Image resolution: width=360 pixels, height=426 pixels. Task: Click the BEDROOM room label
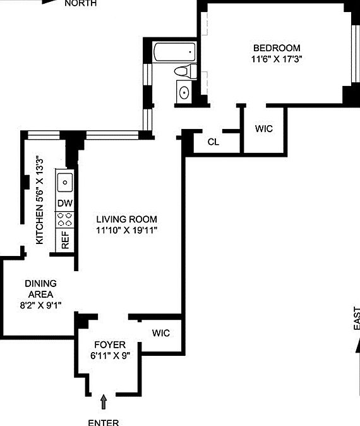(x=277, y=48)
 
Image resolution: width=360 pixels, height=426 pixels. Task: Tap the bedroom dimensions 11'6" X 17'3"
(x=277, y=60)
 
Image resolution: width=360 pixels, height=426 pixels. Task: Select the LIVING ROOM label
(x=126, y=219)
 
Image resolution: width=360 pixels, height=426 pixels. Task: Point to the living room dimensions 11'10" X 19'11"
(x=126, y=230)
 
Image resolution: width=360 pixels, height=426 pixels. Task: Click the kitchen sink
(x=64, y=183)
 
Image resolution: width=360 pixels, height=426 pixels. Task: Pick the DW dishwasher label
(x=64, y=203)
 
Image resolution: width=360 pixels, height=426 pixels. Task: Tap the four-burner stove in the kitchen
(x=64, y=219)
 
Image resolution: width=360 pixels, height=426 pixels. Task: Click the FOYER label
(x=109, y=344)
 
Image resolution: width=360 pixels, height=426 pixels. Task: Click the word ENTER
(x=104, y=421)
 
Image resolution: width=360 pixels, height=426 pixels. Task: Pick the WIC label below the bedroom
(x=263, y=128)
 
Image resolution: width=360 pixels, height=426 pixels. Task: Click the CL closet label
(x=213, y=142)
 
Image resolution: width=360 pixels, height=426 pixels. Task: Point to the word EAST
(x=356, y=319)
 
